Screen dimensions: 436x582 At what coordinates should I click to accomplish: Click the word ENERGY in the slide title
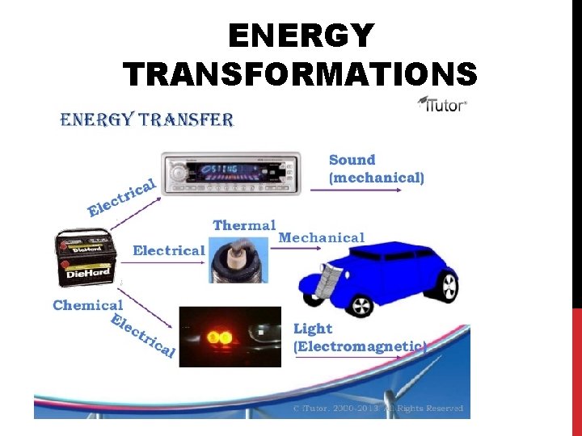click(x=301, y=36)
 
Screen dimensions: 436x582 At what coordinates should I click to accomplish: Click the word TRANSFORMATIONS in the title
click(x=301, y=74)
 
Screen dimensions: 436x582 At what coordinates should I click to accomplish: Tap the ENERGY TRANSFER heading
click(x=147, y=121)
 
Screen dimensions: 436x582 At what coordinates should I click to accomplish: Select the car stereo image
click(x=231, y=173)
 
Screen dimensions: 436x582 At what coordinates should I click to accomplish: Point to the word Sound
click(x=352, y=160)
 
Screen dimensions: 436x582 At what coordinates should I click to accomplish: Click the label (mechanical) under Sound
click(x=376, y=177)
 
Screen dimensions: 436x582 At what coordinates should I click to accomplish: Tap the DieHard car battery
click(x=84, y=258)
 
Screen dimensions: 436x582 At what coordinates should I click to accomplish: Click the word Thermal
click(x=244, y=225)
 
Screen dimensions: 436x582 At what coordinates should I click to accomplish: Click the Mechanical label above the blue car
click(x=322, y=237)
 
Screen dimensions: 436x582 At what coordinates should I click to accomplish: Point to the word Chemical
click(x=87, y=305)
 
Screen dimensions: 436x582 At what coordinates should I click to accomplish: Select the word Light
click(x=312, y=329)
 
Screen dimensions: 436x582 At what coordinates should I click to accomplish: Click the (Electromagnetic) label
click(x=359, y=346)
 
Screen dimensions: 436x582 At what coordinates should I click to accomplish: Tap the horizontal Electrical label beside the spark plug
click(x=168, y=250)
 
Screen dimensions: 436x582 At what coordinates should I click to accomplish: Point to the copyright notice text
click(x=378, y=409)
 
